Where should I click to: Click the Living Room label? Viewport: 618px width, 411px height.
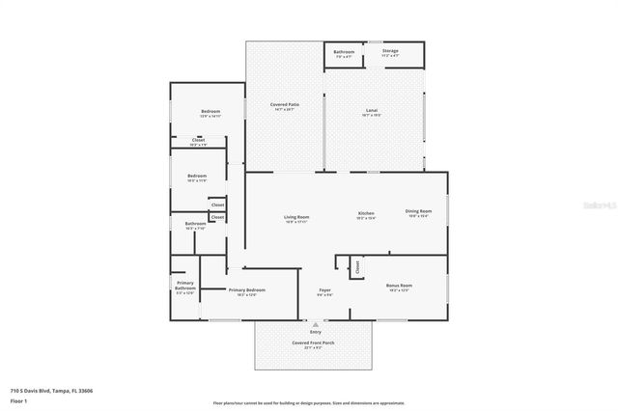coord(296,218)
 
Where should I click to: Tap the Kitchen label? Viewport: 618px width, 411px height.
coord(366,213)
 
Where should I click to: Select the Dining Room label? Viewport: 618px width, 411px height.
coord(418,211)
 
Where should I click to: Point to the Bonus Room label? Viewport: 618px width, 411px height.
coord(399,286)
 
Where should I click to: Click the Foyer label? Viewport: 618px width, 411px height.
coord(325,290)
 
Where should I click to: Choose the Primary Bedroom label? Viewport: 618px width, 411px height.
coord(246,290)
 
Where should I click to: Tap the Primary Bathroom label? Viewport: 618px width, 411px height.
coord(185,286)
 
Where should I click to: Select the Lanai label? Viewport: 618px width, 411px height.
coord(372,111)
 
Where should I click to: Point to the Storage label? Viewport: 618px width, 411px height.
coord(390,50)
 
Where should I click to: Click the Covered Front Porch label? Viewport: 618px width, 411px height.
coord(314,342)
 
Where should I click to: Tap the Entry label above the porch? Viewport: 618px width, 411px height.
coord(316,332)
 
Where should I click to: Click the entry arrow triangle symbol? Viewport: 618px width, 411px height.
coord(316,325)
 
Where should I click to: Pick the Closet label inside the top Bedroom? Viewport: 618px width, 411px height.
coord(198,140)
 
